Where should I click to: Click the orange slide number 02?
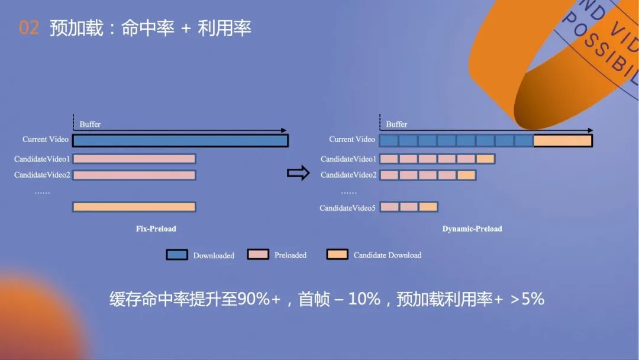(29, 28)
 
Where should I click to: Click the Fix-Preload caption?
(156, 229)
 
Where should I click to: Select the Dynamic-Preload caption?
(472, 229)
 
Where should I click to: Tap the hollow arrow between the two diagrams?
(298, 173)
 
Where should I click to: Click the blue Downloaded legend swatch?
(176, 255)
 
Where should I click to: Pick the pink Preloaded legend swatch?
(257, 255)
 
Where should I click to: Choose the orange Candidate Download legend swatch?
(337, 255)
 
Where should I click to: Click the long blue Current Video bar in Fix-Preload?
(180, 140)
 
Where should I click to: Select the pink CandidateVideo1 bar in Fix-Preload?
(134, 159)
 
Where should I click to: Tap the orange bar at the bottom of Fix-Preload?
(134, 207)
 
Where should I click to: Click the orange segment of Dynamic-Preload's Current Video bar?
(563, 140)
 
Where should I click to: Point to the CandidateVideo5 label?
(347, 208)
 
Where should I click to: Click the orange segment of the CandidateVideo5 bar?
(428, 207)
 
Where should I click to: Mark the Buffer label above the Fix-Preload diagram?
(90, 124)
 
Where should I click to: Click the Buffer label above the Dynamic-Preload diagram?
(396, 124)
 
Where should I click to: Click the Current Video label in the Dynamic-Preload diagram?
(352, 140)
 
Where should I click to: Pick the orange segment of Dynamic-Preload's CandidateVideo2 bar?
(466, 175)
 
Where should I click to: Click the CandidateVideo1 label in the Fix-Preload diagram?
(42, 159)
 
